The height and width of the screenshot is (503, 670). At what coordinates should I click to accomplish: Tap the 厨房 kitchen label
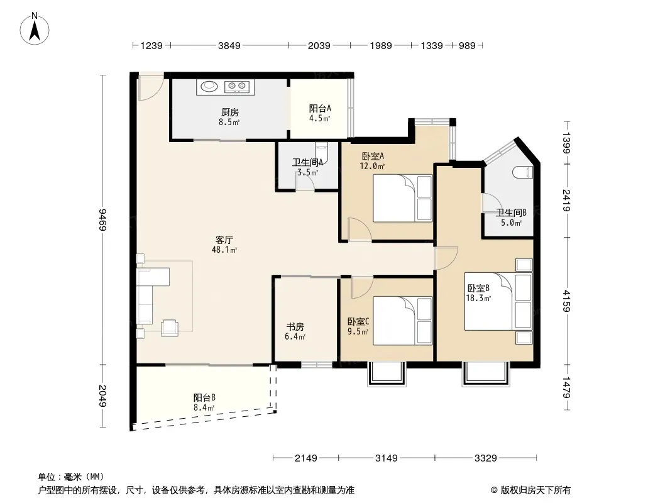[x=230, y=113]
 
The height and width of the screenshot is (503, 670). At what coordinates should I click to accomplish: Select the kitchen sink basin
[x=209, y=86]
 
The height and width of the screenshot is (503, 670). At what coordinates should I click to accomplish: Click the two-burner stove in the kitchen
[x=237, y=87]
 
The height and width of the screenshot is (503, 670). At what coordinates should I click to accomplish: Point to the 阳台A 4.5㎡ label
[x=320, y=113]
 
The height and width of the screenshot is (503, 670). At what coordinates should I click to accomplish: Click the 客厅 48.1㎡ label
[x=224, y=245]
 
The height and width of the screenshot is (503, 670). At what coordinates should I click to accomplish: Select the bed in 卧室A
[x=402, y=198]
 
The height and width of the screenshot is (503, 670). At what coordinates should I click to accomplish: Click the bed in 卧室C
[x=402, y=321]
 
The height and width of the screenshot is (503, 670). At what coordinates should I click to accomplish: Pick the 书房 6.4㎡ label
[x=295, y=331]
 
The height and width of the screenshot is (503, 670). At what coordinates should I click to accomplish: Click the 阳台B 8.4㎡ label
[x=204, y=402]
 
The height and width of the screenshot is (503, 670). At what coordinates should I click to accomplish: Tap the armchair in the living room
[x=170, y=328]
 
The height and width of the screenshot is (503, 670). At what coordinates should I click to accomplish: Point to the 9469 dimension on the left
[x=102, y=219]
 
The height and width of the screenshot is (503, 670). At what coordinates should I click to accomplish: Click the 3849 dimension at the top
[x=229, y=45]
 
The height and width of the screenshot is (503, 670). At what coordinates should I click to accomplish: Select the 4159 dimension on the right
[x=566, y=301]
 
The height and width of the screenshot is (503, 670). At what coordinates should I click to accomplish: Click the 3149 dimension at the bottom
[x=387, y=458]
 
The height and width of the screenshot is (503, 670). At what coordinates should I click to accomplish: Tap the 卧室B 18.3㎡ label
[x=478, y=293]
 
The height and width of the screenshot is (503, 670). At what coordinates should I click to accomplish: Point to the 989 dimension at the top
[x=467, y=45]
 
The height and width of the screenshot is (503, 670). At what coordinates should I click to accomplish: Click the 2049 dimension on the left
[x=102, y=395]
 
